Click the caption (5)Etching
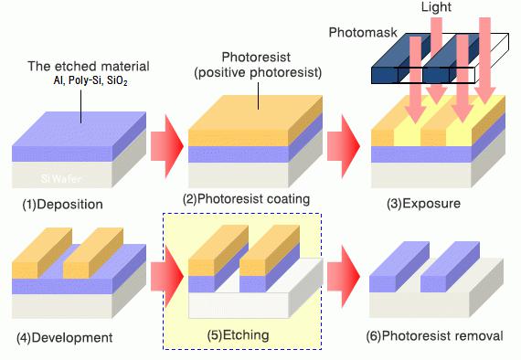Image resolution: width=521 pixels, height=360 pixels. click(x=242, y=335)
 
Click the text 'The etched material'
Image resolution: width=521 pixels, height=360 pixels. click(x=84, y=67)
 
